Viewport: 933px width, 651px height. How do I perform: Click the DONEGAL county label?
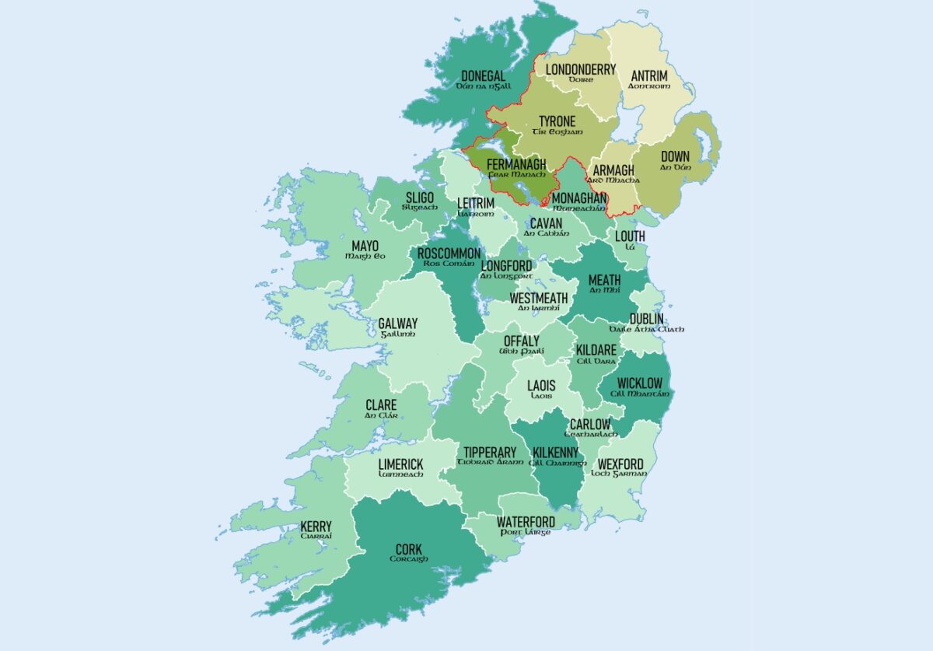point(483,76)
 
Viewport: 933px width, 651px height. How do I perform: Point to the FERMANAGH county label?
point(516,164)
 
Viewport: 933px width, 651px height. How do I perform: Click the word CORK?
point(409,550)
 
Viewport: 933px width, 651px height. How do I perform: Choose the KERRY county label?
point(316,527)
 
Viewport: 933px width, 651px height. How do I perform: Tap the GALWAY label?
point(397,324)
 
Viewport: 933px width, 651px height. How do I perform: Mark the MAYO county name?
point(365,246)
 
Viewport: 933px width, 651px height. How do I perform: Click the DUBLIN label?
point(646,319)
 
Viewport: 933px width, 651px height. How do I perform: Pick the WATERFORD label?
point(526,521)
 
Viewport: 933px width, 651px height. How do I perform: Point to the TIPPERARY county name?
point(489,452)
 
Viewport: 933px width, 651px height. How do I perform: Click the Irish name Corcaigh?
point(409,559)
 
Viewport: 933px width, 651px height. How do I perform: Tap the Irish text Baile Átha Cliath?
point(647,329)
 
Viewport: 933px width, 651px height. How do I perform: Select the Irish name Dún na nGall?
point(484,86)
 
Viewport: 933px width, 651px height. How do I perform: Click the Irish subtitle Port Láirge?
point(526,532)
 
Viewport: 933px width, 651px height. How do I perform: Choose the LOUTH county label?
point(630,236)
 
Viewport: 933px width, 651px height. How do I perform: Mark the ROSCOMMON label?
point(449,254)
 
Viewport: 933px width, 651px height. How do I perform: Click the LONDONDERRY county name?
point(580,69)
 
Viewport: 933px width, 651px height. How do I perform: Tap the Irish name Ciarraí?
point(316,537)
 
